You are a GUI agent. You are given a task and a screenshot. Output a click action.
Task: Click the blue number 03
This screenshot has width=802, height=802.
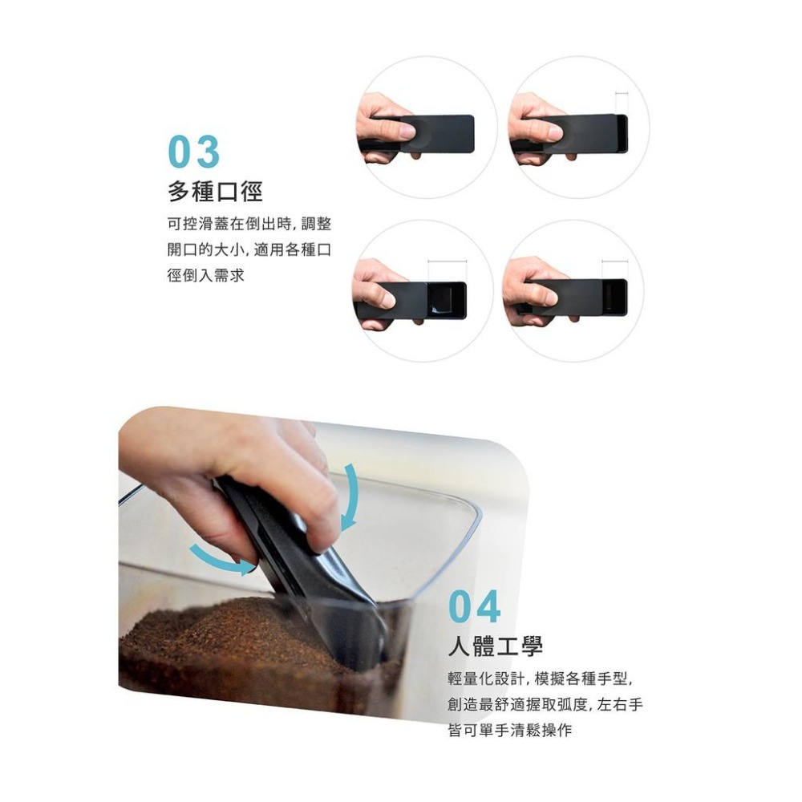coord(193,152)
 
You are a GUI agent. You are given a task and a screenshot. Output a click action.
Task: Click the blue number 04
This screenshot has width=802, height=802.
coord(474,607)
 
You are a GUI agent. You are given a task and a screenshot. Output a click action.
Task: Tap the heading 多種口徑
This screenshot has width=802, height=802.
coord(215,192)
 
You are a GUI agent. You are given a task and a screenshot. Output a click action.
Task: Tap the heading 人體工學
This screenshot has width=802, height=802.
coord(495,646)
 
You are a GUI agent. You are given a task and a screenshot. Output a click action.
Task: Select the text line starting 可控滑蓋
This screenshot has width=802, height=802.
coord(249,225)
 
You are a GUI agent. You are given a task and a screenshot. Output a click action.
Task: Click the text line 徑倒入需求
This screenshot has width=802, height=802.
coord(205,275)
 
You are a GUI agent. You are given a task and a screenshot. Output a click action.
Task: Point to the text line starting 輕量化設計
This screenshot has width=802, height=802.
coord(541,679)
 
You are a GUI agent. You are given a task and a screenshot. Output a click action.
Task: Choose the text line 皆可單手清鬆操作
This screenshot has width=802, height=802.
coord(509,731)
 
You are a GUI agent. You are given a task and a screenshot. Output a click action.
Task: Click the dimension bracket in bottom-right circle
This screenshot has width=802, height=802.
coord(615,261)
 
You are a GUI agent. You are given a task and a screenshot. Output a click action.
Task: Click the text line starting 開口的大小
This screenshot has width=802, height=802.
coord(249,250)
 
